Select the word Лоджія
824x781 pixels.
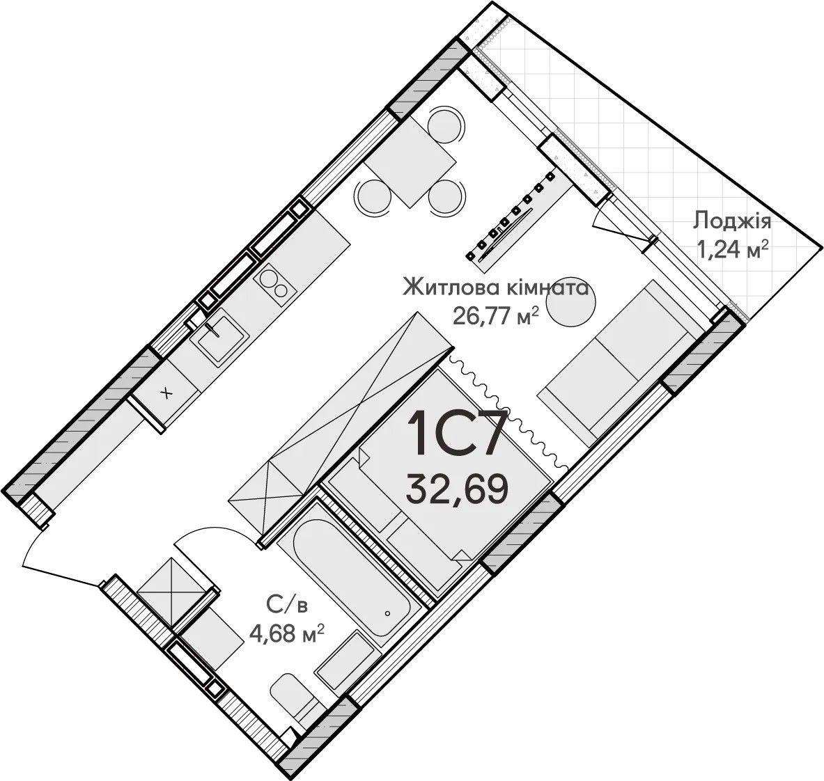pyautogui.click(x=733, y=222)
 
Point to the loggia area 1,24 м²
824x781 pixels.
pyautogui.click(x=733, y=249)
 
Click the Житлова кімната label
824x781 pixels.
pyautogui.click(x=495, y=288)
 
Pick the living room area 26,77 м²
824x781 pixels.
pyautogui.click(x=497, y=317)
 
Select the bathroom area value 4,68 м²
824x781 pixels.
pyautogui.click(x=286, y=636)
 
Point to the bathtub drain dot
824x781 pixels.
pyautogui.click(x=387, y=613)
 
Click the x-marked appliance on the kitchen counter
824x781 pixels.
pyautogui.click(x=166, y=392)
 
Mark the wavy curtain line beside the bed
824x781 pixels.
pyautogui.click(x=506, y=412)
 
